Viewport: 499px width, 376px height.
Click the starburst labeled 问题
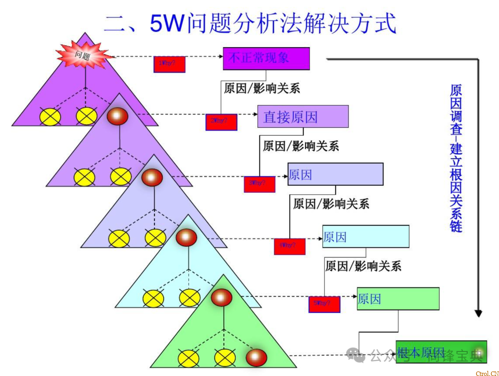click(x=85, y=55)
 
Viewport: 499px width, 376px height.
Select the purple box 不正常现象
click(x=266, y=59)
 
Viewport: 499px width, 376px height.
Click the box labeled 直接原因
click(x=303, y=117)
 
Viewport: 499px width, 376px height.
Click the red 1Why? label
click(x=170, y=64)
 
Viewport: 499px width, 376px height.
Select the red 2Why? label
click(x=221, y=121)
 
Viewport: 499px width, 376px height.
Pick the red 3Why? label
click(x=260, y=184)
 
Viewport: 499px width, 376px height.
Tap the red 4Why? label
click(x=290, y=246)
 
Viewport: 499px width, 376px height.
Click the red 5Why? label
click(x=324, y=304)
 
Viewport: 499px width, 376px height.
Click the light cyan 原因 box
click(x=365, y=237)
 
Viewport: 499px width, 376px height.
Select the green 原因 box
click(x=398, y=299)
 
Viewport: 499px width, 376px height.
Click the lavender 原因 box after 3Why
click(x=335, y=174)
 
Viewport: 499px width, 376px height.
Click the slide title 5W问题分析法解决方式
click(x=250, y=23)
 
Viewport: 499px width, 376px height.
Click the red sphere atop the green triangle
click(x=221, y=298)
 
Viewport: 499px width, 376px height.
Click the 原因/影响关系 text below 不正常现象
click(x=262, y=88)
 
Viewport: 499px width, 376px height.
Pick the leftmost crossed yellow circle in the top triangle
click(x=50, y=116)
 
